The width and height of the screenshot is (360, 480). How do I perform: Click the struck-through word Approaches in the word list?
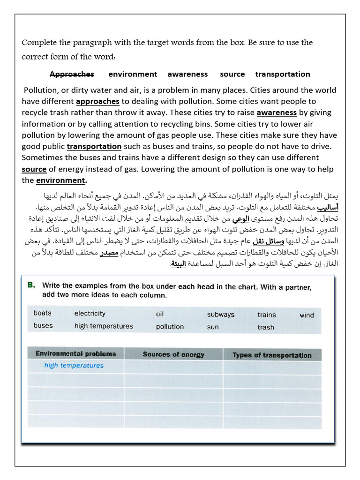pos(72,74)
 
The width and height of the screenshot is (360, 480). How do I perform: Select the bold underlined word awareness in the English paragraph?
pos(277,112)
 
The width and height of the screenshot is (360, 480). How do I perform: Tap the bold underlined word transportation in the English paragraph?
pos(94,146)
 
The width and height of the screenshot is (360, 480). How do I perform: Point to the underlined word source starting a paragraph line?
pos(34,169)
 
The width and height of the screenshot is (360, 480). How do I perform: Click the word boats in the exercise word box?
pos(43,313)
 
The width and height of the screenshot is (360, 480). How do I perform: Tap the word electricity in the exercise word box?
pos(90,314)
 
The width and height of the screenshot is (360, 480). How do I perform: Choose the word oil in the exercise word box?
pos(160,314)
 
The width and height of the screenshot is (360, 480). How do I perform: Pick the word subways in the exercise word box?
pos(221,315)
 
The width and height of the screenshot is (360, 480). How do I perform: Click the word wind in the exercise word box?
pos(307,315)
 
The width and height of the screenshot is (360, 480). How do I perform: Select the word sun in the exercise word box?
pos(213,327)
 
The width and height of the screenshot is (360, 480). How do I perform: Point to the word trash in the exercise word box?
pos(266,327)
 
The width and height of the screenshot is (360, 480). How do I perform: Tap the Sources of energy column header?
pos(173,354)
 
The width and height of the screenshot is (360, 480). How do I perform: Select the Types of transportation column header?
pos(272,355)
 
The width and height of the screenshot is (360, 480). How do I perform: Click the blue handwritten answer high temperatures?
pos(74,366)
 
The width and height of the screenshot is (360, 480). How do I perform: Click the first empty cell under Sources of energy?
pos(173,367)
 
